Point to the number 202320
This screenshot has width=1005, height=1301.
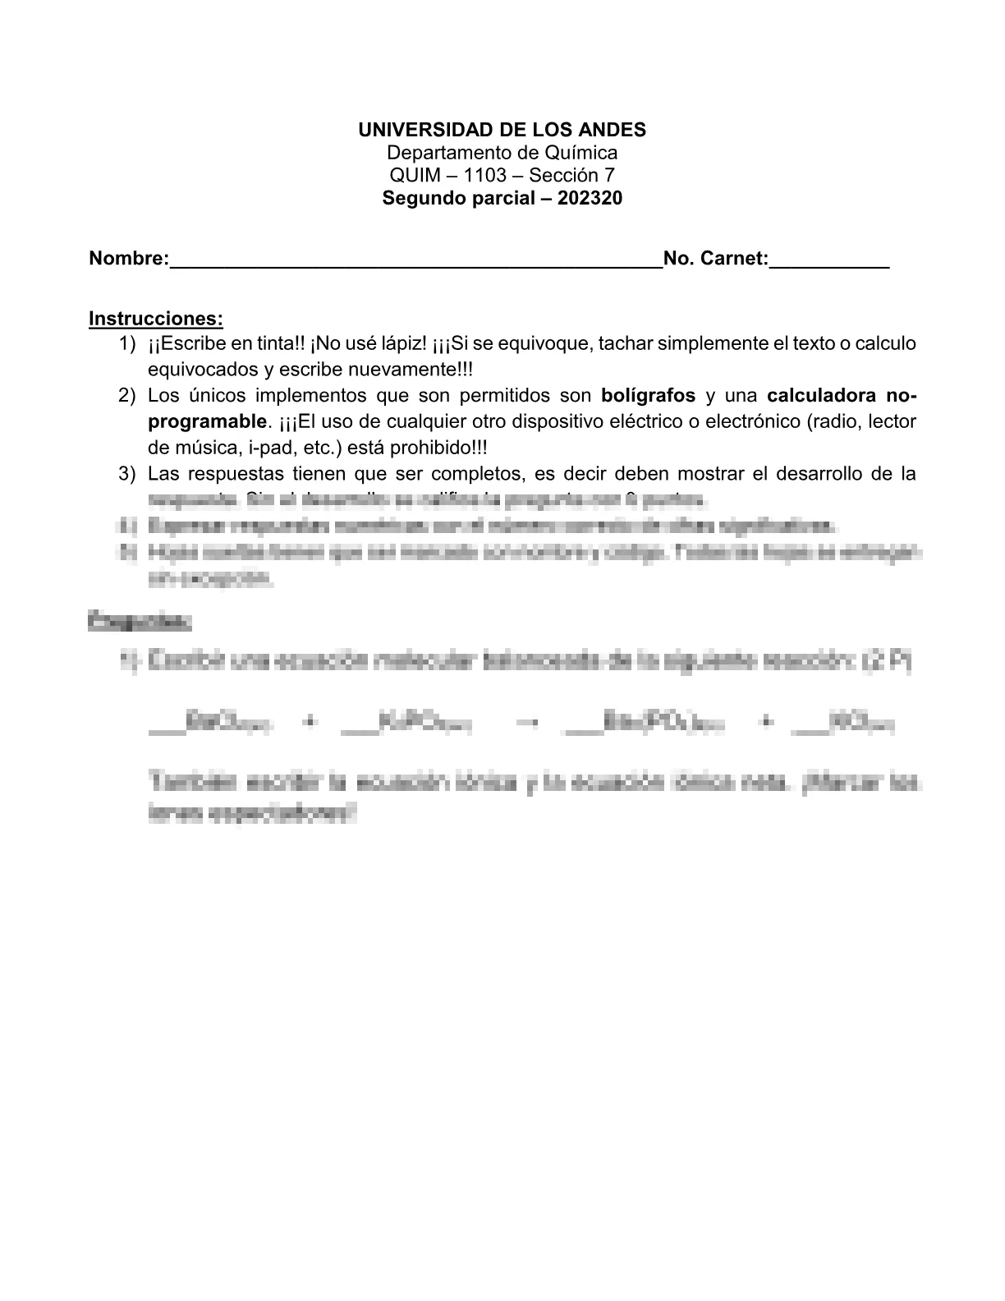pos(590,198)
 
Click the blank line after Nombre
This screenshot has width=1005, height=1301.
pos(415,261)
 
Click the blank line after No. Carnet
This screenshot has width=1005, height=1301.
pos(829,261)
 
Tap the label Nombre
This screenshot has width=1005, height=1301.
pos(128,259)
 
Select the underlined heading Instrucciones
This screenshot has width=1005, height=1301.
pos(155,319)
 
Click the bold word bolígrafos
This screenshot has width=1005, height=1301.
pos(648,395)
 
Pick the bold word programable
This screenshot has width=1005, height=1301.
pos(207,421)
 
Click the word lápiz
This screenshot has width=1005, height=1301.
pos(401,343)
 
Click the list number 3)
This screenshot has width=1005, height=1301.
pos(126,474)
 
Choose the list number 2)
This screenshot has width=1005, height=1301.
pos(126,395)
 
